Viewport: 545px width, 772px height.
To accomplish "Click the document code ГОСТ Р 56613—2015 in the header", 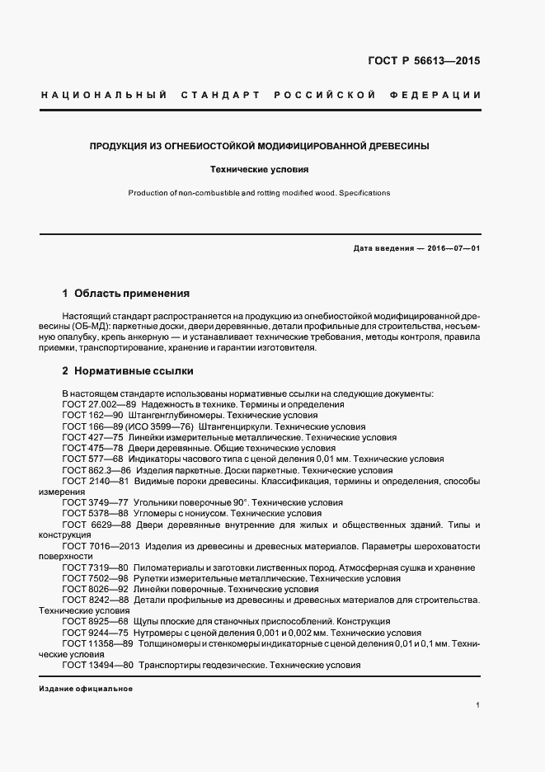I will click(x=423, y=61).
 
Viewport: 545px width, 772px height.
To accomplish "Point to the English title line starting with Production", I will click(x=259, y=193).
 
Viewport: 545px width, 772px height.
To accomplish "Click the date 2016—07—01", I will click(x=451, y=248).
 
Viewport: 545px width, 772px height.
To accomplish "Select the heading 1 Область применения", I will click(x=126, y=293).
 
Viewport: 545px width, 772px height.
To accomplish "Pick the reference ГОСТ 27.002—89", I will click(x=98, y=405).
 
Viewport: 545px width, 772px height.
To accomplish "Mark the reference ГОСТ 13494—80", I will click(x=97, y=665).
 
